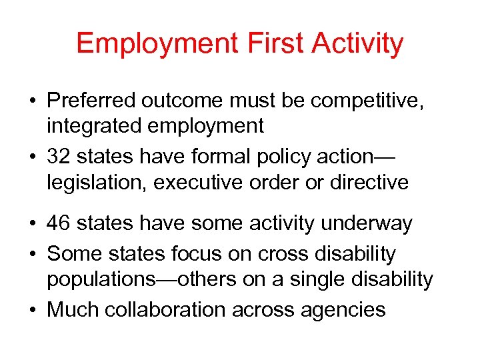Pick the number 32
[60, 157]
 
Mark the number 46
[60, 223]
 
